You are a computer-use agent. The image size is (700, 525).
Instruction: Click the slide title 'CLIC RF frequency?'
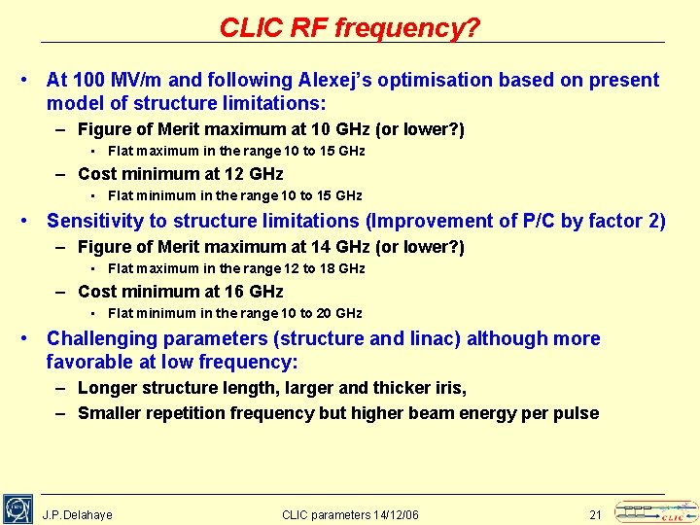350,27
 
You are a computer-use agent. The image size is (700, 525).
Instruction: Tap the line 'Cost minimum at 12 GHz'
180,174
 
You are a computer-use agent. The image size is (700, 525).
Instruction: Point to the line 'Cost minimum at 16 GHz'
180,292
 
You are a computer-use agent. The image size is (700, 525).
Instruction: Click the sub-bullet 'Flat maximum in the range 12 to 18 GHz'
236,268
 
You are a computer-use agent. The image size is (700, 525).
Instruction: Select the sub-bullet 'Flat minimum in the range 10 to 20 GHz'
234,313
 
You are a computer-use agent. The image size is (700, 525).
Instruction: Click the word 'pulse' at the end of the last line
576,413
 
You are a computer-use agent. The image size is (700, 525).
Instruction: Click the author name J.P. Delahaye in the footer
78,514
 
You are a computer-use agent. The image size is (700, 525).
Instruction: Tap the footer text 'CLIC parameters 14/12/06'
350,514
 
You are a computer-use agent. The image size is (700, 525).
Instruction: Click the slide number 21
596,514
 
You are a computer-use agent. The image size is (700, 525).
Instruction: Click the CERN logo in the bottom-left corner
17,508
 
